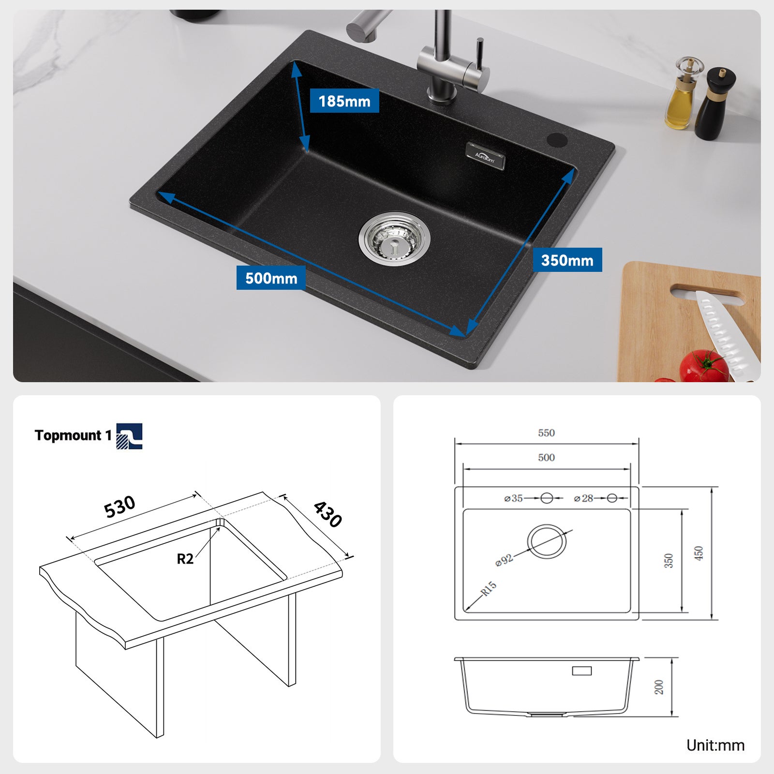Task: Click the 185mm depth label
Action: [x=344, y=101]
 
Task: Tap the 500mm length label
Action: [x=271, y=278]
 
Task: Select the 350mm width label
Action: [x=567, y=260]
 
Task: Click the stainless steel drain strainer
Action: [x=394, y=239]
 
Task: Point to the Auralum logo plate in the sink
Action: [x=485, y=156]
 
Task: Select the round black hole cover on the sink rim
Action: [x=557, y=139]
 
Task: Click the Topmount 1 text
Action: [x=73, y=435]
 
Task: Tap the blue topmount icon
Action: [x=129, y=436]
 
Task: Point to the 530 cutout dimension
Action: [x=119, y=506]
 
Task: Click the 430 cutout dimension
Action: [x=328, y=514]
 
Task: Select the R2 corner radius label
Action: [x=185, y=559]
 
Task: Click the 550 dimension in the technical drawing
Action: [x=546, y=433]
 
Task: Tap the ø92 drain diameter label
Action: [x=504, y=560]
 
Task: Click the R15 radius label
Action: [x=488, y=589]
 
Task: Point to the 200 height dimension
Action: [x=659, y=687]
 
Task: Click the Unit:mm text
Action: [x=715, y=745]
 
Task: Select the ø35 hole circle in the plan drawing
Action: [x=547, y=498]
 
